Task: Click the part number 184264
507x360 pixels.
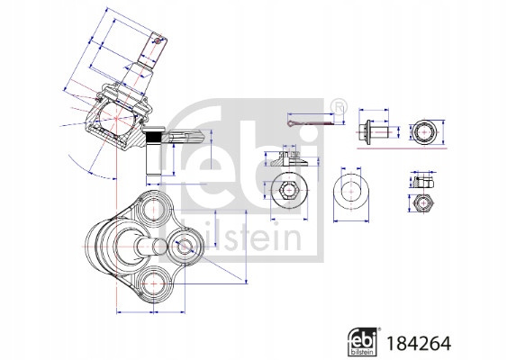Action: (x=419, y=343)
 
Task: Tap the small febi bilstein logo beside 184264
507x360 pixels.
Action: (x=362, y=342)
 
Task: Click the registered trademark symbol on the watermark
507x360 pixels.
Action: (x=339, y=108)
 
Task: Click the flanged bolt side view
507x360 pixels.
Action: (x=373, y=131)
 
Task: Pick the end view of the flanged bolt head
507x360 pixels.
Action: (x=423, y=132)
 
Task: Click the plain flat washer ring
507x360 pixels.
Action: (x=351, y=192)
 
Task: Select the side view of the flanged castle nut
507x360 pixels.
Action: (x=289, y=159)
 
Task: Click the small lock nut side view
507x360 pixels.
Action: (x=422, y=182)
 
